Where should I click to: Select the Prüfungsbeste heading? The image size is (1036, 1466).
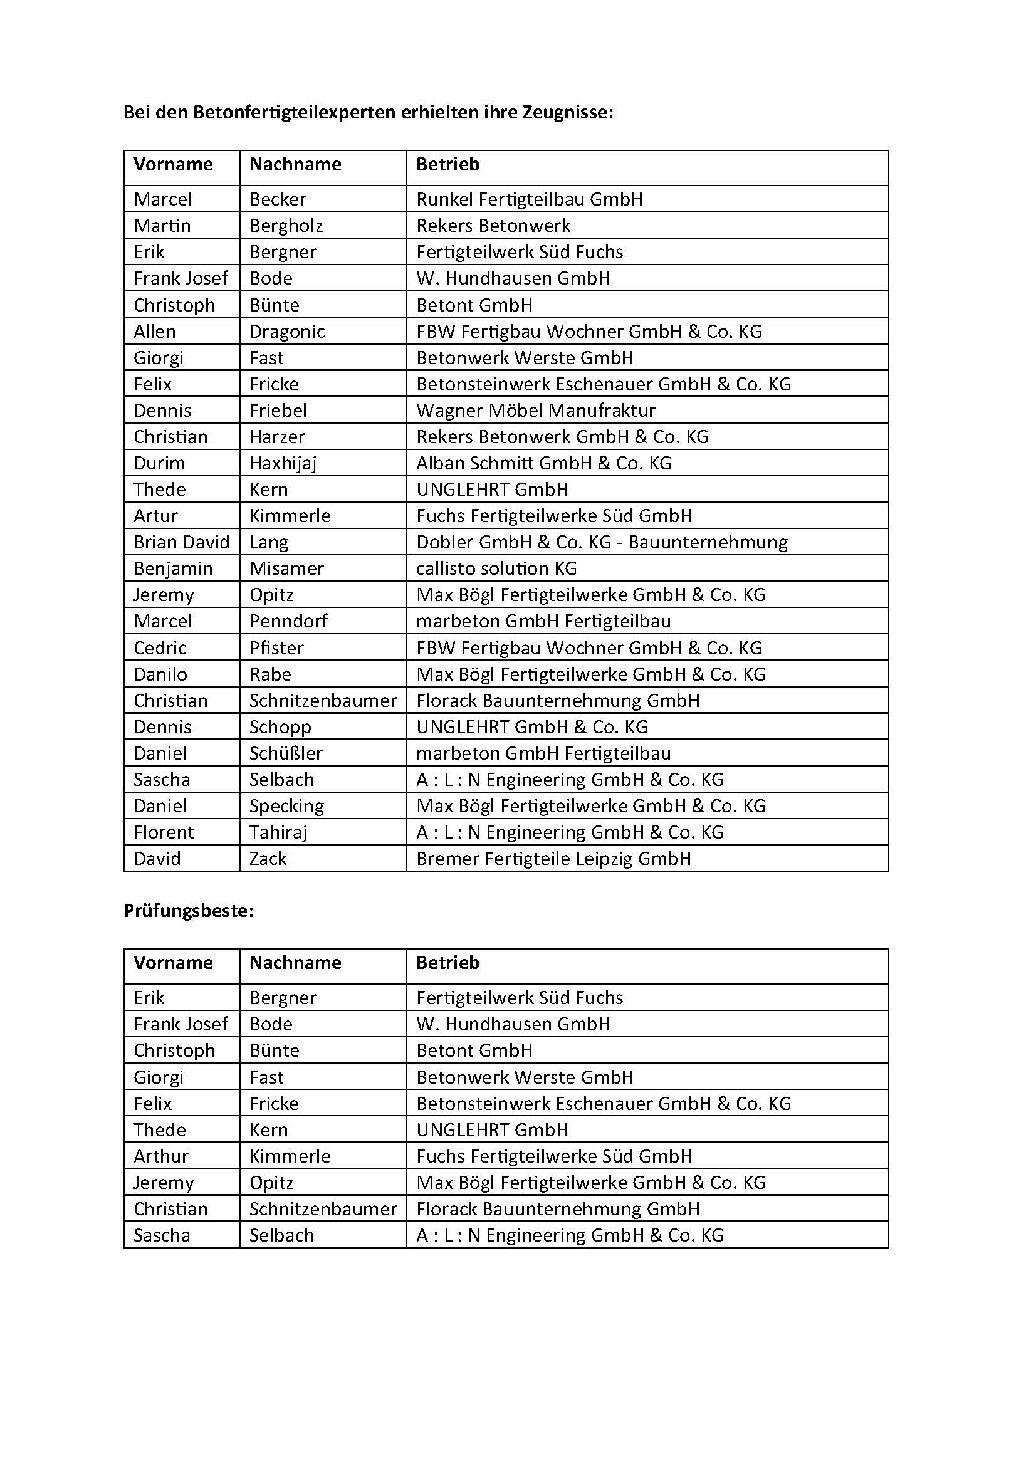pos(188,911)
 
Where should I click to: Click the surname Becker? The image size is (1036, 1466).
pos(278,199)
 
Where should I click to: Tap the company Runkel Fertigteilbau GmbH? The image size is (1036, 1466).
pos(529,199)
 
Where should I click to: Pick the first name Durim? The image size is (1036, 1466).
pos(159,463)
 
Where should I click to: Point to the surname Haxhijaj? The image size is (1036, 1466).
pos(283,463)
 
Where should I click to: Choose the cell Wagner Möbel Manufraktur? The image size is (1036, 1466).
pos(536,410)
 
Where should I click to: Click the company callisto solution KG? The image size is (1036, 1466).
pos(496,568)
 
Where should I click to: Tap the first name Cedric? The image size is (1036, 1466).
pos(160,647)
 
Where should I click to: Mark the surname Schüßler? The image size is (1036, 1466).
pos(286,753)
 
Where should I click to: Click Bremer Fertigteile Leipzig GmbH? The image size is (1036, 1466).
pos(553,858)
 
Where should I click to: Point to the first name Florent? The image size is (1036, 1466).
pos(164,832)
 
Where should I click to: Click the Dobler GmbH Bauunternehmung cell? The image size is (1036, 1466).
pos(601,542)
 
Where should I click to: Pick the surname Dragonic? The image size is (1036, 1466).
pos(287,332)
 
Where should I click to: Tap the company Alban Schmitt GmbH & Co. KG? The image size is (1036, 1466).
pos(544,463)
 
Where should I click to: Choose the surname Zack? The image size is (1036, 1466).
pos(268,858)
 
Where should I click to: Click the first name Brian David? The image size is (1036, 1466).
pos(181,542)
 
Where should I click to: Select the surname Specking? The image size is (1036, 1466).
pos(286,806)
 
